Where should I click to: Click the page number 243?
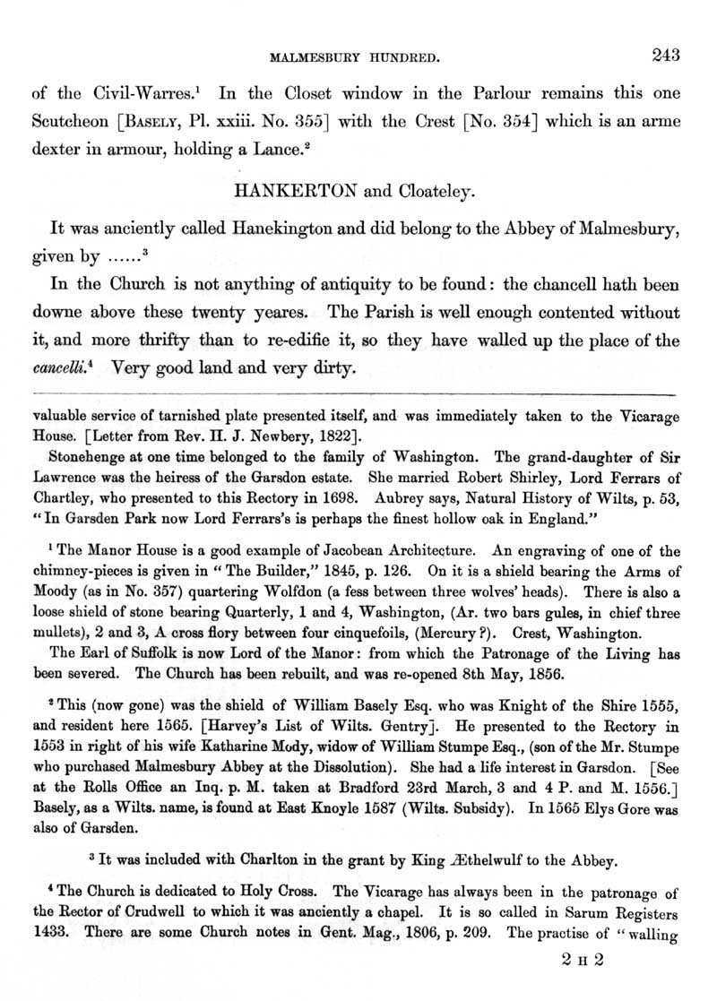[x=668, y=56]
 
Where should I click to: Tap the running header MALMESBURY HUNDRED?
[x=354, y=59]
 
